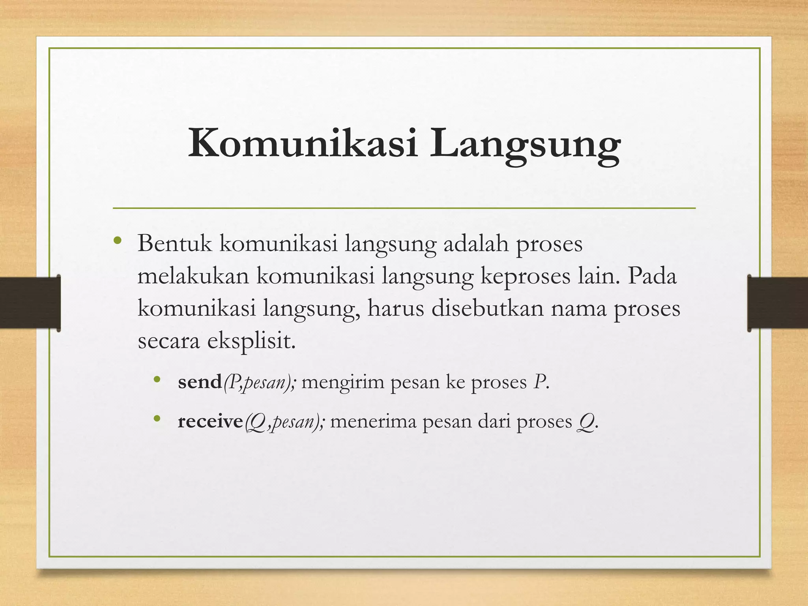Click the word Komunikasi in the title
point(302,144)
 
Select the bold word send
point(200,382)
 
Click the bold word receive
point(210,421)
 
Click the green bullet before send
point(157,380)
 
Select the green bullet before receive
point(157,419)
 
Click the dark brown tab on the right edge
point(778,303)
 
